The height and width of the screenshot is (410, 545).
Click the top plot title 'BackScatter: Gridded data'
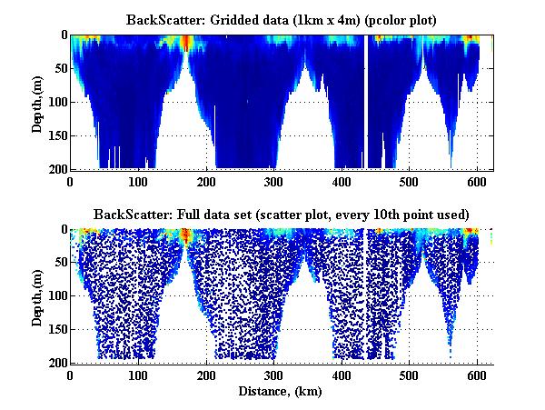[x=282, y=19]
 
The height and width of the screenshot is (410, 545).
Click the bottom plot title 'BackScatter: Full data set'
[x=282, y=215]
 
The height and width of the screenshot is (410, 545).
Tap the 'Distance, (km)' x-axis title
[x=282, y=390]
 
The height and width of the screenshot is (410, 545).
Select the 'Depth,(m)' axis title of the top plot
[x=37, y=102]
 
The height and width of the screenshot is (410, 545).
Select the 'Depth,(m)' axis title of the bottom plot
[x=37, y=296]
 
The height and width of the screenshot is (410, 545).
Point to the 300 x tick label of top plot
[x=273, y=181]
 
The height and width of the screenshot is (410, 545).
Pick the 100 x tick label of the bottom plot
[x=138, y=375]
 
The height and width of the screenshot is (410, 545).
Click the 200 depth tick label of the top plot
[x=56, y=169]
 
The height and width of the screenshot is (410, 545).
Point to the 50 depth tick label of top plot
[x=59, y=68]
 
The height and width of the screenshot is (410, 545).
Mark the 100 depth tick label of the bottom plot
[x=56, y=296]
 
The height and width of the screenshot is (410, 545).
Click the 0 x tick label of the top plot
[x=71, y=181]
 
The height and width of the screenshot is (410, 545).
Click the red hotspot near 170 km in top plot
[x=186, y=43]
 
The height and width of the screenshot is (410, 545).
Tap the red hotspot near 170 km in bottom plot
[x=186, y=236]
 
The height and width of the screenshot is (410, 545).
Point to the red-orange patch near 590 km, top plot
[x=470, y=41]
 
